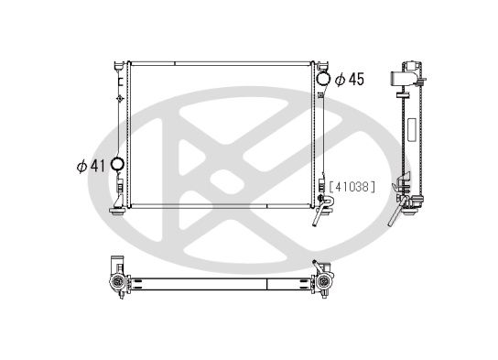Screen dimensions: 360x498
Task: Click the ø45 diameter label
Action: (x=351, y=80)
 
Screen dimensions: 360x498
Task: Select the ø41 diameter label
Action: (x=92, y=166)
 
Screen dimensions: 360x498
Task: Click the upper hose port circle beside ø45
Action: (x=321, y=79)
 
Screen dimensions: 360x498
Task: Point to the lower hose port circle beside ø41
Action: (x=117, y=165)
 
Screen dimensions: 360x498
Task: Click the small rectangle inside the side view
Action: (x=411, y=125)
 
